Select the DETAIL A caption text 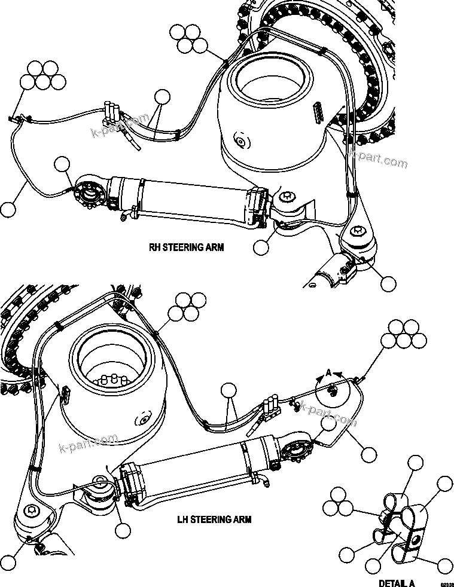(397, 583)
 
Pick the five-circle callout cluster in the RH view (42, 75)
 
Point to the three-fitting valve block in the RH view (112, 113)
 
